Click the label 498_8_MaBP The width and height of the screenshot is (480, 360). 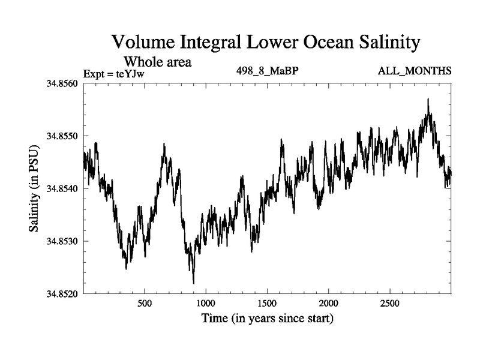[x=268, y=71]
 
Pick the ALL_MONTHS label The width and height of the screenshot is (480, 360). [x=414, y=71]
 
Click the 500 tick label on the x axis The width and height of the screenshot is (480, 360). [x=145, y=303]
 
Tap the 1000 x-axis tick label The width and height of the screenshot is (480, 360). [x=206, y=303]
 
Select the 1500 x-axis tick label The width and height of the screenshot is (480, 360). [x=268, y=303]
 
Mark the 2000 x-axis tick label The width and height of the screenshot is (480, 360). [x=329, y=303]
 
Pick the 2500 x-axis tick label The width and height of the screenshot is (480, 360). [x=390, y=303]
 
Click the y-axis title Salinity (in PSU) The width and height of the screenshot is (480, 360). [x=34, y=188]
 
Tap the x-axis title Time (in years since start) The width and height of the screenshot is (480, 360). [x=267, y=318]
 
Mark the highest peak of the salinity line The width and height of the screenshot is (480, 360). [x=428, y=99]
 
